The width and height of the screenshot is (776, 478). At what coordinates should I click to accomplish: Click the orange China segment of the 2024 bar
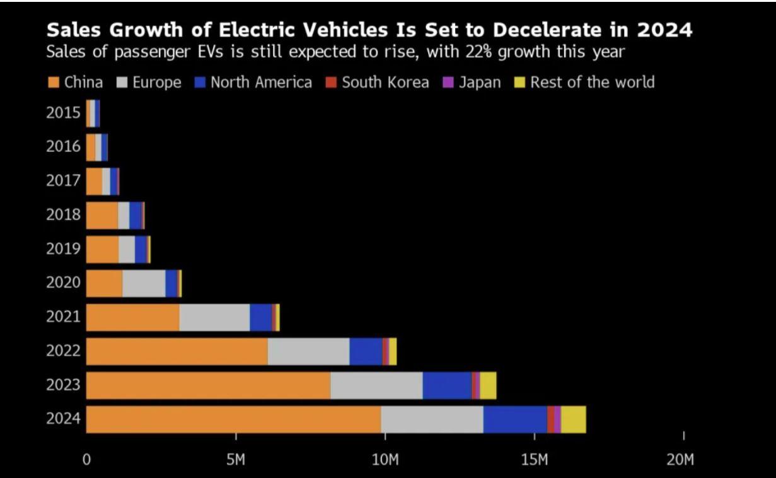(233, 419)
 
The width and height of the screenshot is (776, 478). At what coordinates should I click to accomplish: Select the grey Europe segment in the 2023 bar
(376, 385)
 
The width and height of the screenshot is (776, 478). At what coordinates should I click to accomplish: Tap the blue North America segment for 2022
(366, 351)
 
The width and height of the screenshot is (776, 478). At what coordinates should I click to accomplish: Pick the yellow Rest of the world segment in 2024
(573, 419)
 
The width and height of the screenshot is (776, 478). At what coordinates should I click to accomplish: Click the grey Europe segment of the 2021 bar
(214, 317)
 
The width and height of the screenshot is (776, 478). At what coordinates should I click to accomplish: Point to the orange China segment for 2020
(104, 283)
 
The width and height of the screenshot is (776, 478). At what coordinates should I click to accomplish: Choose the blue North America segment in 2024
(515, 419)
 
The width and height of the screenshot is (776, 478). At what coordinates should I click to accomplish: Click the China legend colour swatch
(54, 83)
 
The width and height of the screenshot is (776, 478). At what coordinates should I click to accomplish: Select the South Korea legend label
(385, 83)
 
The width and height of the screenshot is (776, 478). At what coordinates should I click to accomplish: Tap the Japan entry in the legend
(480, 83)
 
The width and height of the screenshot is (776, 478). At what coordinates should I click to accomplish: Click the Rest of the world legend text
(592, 83)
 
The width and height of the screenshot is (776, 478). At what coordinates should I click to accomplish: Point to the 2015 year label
(64, 113)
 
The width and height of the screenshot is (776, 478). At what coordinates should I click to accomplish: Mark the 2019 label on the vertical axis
(64, 249)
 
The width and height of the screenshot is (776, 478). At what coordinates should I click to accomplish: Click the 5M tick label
(236, 459)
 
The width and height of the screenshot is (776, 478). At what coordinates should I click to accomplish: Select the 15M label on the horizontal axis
(535, 459)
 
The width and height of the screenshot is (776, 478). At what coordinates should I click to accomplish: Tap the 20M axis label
(680, 459)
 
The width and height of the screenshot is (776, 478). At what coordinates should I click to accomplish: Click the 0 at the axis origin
(87, 459)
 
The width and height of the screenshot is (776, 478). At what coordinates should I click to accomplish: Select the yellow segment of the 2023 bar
(488, 385)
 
